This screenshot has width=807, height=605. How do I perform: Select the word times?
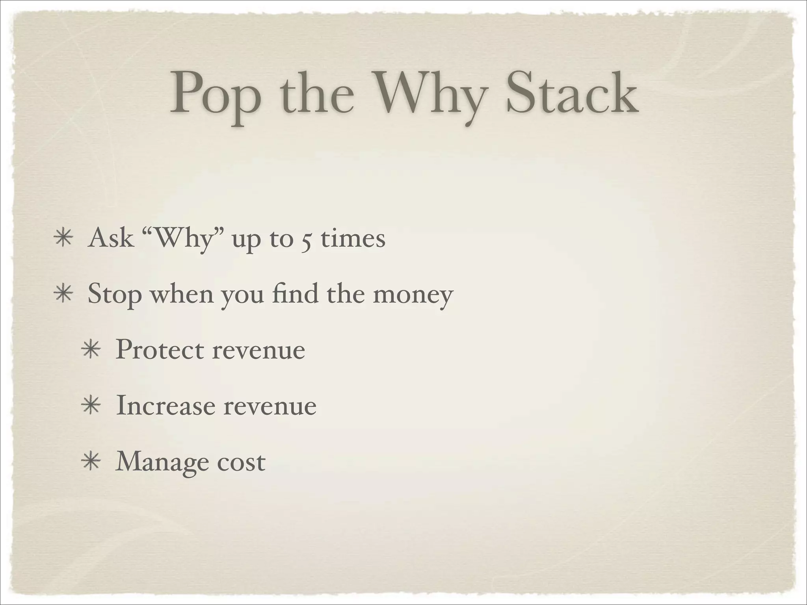(x=353, y=238)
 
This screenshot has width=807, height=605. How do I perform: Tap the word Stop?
(x=114, y=295)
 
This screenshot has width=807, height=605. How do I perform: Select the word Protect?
(x=160, y=350)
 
